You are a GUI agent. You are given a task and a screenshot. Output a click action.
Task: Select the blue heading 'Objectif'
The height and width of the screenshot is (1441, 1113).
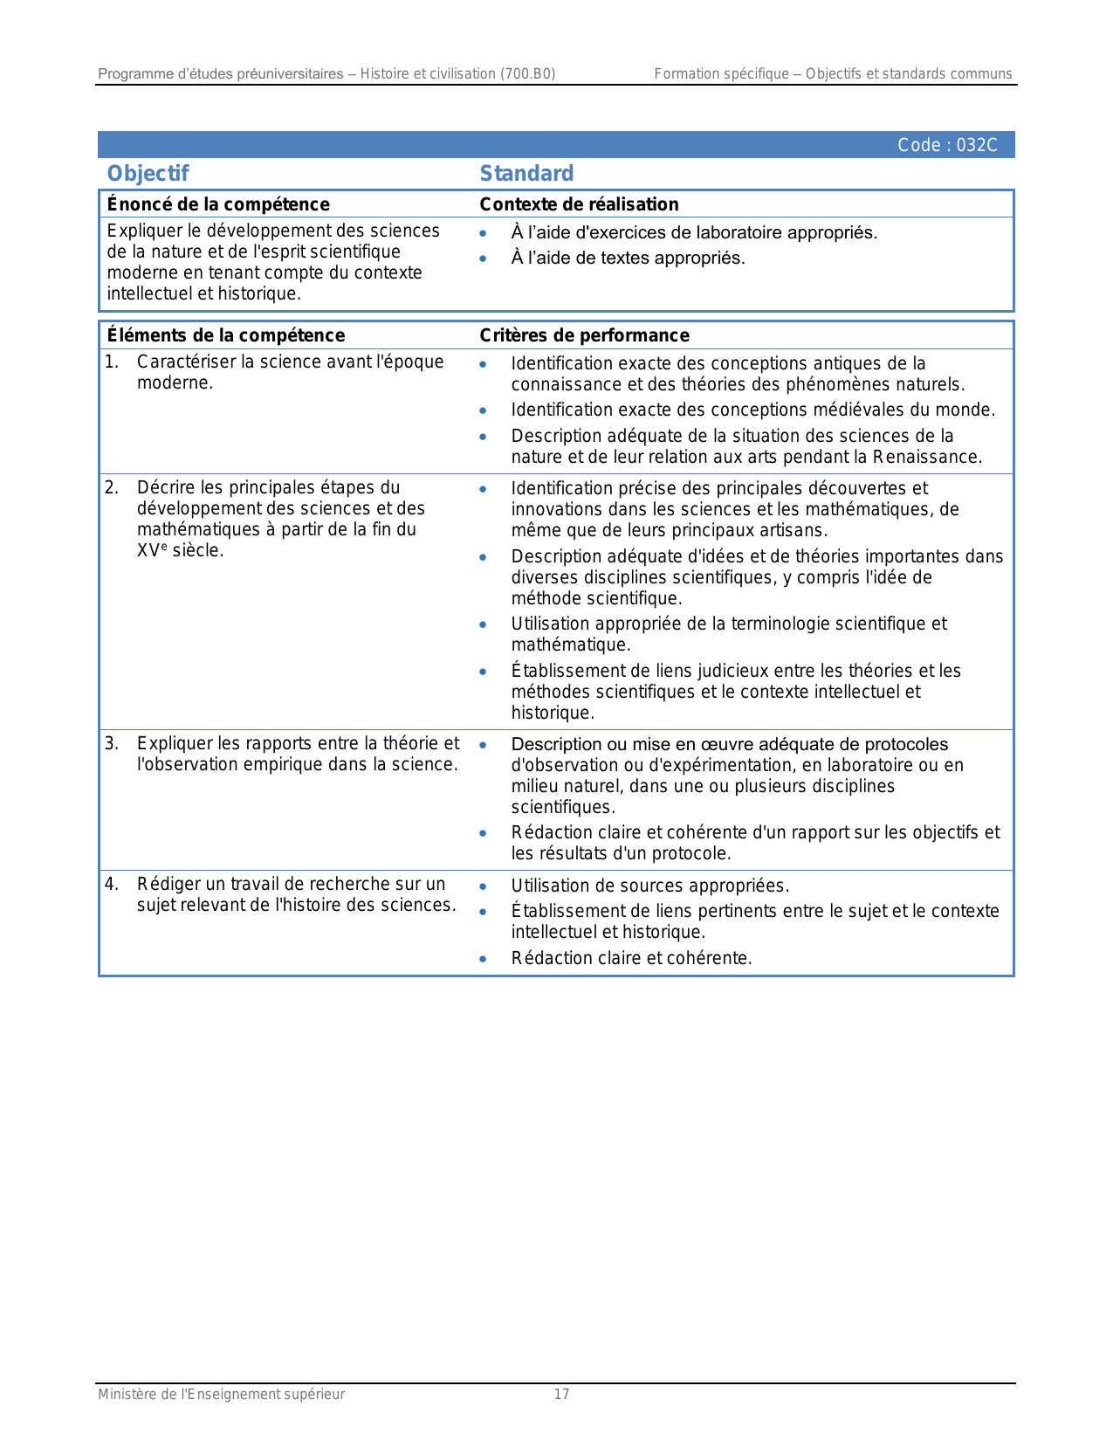click(x=148, y=173)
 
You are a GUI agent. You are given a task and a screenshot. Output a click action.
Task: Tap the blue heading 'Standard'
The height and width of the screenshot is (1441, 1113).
click(x=526, y=173)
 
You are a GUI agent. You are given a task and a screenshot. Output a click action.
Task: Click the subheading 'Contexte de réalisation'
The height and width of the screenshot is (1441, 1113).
click(x=579, y=204)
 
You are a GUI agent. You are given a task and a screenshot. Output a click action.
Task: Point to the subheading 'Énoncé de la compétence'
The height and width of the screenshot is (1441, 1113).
click(x=218, y=204)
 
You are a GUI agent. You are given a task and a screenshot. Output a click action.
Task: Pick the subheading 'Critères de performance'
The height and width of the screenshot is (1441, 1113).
click(x=584, y=335)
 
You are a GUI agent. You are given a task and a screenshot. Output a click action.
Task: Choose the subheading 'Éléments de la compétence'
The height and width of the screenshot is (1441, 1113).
click(x=226, y=335)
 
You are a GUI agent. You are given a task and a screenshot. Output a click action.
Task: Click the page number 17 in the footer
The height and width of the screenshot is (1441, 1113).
click(x=561, y=1394)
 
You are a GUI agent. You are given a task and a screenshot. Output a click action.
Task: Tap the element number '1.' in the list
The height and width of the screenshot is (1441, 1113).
click(x=112, y=362)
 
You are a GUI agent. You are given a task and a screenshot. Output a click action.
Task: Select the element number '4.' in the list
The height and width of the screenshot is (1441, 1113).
click(x=112, y=884)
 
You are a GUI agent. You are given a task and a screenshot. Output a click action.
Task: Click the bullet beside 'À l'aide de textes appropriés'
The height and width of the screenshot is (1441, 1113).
click(x=483, y=259)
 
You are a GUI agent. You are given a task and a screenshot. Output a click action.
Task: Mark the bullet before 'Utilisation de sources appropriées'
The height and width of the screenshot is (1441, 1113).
click(x=483, y=886)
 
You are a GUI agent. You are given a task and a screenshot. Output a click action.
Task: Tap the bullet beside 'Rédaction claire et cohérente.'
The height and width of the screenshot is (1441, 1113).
click(x=483, y=959)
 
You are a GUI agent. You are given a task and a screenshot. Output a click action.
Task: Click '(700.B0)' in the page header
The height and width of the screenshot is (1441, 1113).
click(x=527, y=74)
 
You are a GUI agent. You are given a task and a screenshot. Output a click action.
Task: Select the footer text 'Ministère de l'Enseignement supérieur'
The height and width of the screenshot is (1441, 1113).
click(x=221, y=1394)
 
